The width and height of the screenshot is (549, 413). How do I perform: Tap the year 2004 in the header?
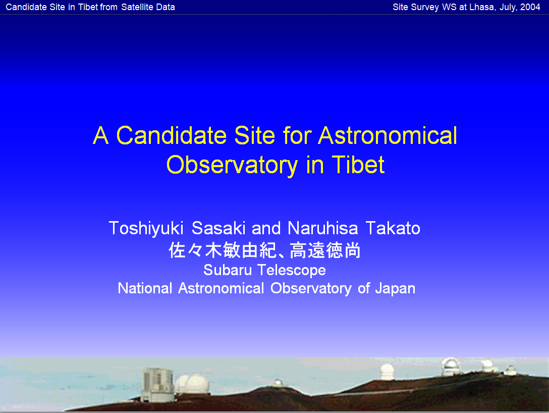[x=530, y=7]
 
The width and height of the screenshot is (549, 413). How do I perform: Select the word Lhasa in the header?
[x=482, y=7]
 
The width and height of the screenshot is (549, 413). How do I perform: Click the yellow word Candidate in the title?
[x=172, y=136]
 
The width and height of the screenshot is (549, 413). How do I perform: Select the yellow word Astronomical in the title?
[x=388, y=136]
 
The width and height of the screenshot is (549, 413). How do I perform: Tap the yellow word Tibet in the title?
[x=358, y=165]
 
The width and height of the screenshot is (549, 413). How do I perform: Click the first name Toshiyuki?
[x=146, y=229]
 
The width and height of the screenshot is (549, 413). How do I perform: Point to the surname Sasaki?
[x=218, y=228]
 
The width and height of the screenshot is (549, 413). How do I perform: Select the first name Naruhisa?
[x=322, y=228]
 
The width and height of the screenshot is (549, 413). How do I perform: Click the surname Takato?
[x=393, y=228]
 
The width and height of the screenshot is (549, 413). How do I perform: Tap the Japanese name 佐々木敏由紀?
[x=224, y=250]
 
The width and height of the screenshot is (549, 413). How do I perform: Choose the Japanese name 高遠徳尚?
[x=325, y=250]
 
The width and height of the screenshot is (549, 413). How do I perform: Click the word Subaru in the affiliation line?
[x=228, y=270]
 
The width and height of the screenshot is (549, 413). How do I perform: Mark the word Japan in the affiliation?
[x=395, y=289]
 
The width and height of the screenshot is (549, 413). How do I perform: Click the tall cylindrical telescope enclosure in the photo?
[x=158, y=384]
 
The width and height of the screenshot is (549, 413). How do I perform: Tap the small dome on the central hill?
[x=278, y=382]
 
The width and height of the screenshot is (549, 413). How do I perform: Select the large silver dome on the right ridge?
[x=451, y=367]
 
